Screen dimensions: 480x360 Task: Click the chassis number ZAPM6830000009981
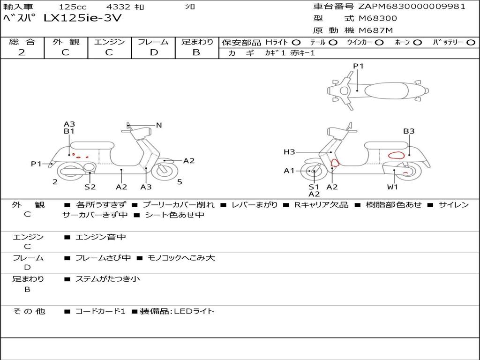412,6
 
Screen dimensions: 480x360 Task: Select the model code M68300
378,18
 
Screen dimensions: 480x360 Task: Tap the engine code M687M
376,31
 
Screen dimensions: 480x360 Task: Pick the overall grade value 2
22,52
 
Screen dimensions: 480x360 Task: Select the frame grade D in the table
154,52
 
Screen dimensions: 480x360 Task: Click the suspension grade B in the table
196,52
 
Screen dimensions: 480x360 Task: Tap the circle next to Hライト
296,42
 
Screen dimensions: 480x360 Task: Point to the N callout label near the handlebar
159,125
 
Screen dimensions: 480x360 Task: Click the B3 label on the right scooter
409,131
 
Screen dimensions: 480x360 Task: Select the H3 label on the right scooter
289,152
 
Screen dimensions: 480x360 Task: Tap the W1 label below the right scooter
392,187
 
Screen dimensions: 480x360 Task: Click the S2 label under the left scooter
90,187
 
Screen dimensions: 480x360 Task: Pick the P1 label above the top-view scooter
359,66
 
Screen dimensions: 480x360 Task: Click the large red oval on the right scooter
397,156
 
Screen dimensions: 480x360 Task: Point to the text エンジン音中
101,237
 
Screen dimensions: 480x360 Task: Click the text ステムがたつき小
108,279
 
